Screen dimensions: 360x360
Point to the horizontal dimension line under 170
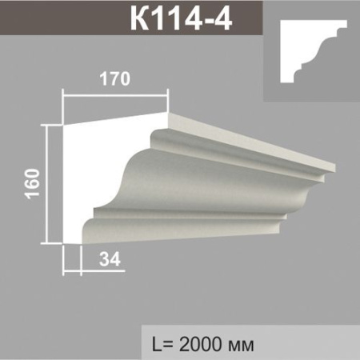(x=117, y=94)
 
